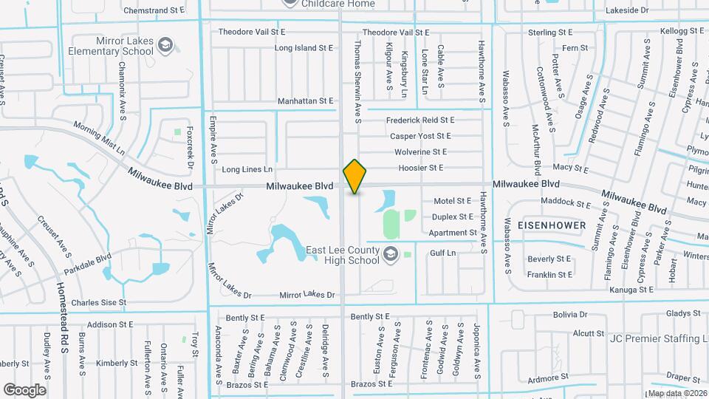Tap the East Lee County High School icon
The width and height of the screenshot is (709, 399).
pyautogui.click(x=388, y=255)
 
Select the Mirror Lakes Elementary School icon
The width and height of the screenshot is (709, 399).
pyautogui.click(x=164, y=46)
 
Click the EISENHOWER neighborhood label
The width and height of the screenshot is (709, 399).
pyautogui.click(x=552, y=225)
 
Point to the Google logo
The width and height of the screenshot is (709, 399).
pyautogui.click(x=24, y=389)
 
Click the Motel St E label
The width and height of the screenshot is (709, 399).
pyautogui.click(x=452, y=200)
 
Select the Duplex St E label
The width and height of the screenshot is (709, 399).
pyautogui.click(x=452, y=216)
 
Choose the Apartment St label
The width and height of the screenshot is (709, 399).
pyautogui.click(x=453, y=233)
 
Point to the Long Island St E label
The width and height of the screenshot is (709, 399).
pyautogui.click(x=304, y=47)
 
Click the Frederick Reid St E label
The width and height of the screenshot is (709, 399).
pyautogui.click(x=419, y=120)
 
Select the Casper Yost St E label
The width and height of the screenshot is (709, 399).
pyautogui.click(x=420, y=136)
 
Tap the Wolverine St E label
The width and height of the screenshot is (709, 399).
pyautogui.click(x=420, y=151)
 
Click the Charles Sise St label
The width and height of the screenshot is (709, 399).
pyautogui.click(x=99, y=302)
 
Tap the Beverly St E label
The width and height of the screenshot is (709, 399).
pyautogui.click(x=549, y=259)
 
